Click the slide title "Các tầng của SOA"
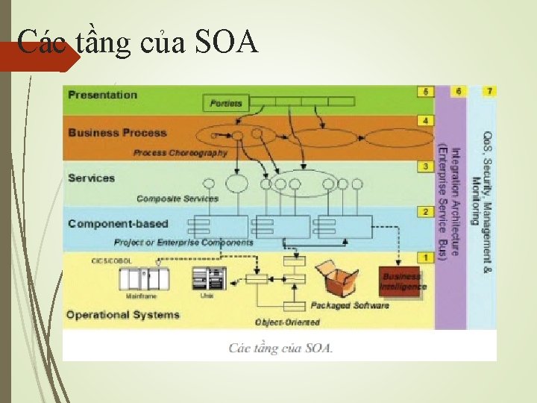[x=137, y=43]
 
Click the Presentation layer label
[x=103, y=95]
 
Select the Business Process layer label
[x=117, y=133]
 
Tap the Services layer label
[x=91, y=178]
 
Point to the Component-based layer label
[x=118, y=223]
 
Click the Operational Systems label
[x=123, y=314]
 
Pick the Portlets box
[x=227, y=103]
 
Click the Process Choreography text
[x=180, y=152]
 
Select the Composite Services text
[x=178, y=199]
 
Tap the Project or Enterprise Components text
[x=183, y=243]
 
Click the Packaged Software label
[x=350, y=305]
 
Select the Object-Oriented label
[x=287, y=322]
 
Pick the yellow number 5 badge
[x=425, y=92]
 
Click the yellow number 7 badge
[x=489, y=91]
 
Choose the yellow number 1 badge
[x=425, y=257]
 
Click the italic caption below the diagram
[x=280, y=348]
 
